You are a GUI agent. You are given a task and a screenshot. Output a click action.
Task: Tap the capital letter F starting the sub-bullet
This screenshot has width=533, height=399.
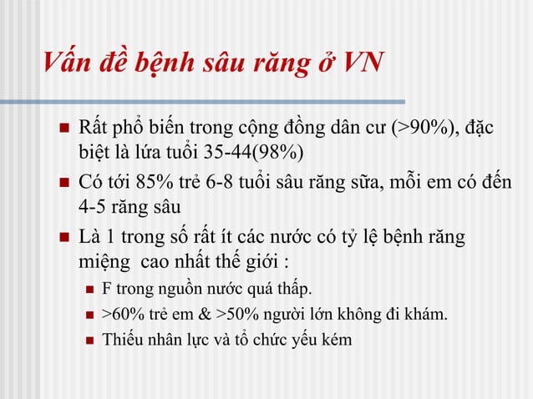click(106, 290)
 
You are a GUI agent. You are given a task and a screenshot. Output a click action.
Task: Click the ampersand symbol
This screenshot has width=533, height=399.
click(206, 315)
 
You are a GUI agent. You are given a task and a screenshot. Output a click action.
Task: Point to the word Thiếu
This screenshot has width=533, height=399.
click(120, 340)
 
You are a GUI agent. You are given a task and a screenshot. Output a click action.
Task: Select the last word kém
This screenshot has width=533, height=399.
click(337, 340)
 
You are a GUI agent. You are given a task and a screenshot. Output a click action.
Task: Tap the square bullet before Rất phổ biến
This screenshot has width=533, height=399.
click(61, 129)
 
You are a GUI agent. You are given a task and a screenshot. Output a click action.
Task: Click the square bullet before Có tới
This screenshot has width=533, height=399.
click(61, 183)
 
